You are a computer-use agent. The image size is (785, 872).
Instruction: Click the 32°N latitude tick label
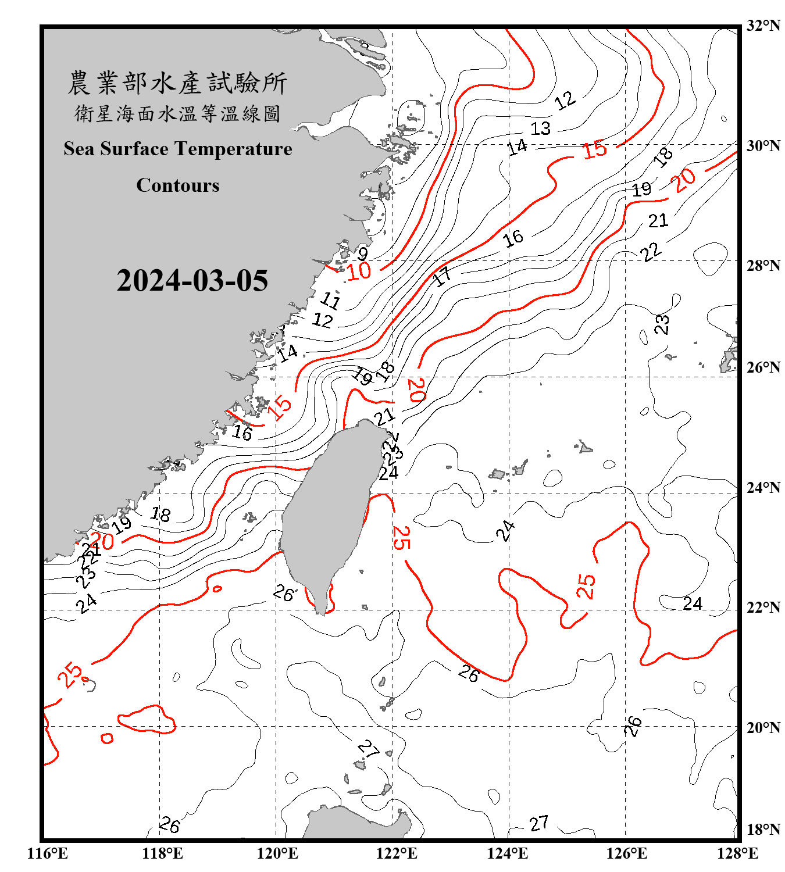[763, 26]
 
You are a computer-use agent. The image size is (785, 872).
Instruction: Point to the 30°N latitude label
[763, 146]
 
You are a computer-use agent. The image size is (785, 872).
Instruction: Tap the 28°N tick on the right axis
[763, 266]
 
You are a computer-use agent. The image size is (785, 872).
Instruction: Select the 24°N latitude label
[763, 488]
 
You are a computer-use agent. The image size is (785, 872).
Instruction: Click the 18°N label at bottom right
[763, 830]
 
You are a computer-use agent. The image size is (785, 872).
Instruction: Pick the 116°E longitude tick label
[47, 853]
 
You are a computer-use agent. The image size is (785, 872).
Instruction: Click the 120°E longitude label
[277, 853]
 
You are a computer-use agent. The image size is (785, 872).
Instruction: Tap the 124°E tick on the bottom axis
[508, 853]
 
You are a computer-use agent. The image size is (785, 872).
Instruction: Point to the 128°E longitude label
[737, 853]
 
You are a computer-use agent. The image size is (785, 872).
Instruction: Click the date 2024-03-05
[192, 281]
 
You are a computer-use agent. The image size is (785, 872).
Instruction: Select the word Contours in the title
[178, 185]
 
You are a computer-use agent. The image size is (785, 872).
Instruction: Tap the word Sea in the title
[79, 149]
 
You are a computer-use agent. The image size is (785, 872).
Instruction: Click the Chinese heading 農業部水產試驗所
[178, 83]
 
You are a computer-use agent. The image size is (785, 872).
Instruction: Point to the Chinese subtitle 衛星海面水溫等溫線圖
[178, 113]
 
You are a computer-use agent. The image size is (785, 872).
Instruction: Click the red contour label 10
[359, 271]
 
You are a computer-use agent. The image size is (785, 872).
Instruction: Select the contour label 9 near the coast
[363, 253]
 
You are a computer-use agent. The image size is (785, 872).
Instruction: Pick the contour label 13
[540, 128]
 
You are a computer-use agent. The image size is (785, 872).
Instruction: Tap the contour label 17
[443, 276]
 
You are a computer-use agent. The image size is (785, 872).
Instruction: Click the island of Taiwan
[331, 512]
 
